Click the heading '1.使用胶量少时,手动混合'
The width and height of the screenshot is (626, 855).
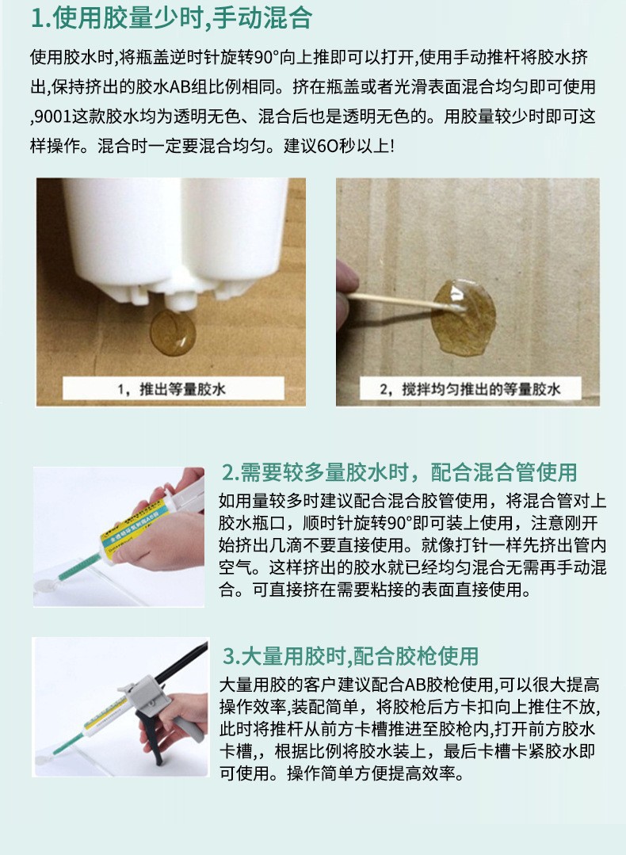171,18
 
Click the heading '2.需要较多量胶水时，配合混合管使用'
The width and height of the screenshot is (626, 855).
399,472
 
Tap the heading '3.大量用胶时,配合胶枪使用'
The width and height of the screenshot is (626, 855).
350,656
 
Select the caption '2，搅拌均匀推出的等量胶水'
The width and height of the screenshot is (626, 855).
470,389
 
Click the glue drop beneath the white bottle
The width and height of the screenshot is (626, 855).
173,333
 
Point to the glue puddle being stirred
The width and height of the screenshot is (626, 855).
464,317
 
